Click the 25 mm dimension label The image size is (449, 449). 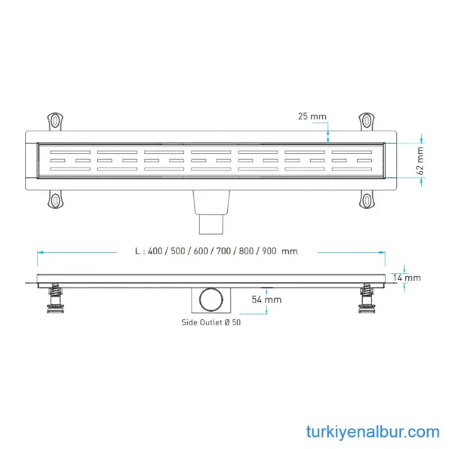tap(312, 116)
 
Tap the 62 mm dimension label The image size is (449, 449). tap(420, 161)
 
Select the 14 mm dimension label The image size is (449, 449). tap(407, 278)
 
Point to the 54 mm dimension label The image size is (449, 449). tap(266, 300)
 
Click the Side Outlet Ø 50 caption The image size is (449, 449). tap(211, 322)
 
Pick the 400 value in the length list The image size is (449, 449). tap(155, 251)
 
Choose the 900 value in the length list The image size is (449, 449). tap(269, 251)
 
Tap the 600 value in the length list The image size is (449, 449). tap(201, 251)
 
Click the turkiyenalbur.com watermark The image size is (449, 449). tap(373, 432)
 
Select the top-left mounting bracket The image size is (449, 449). tap(55, 121)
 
